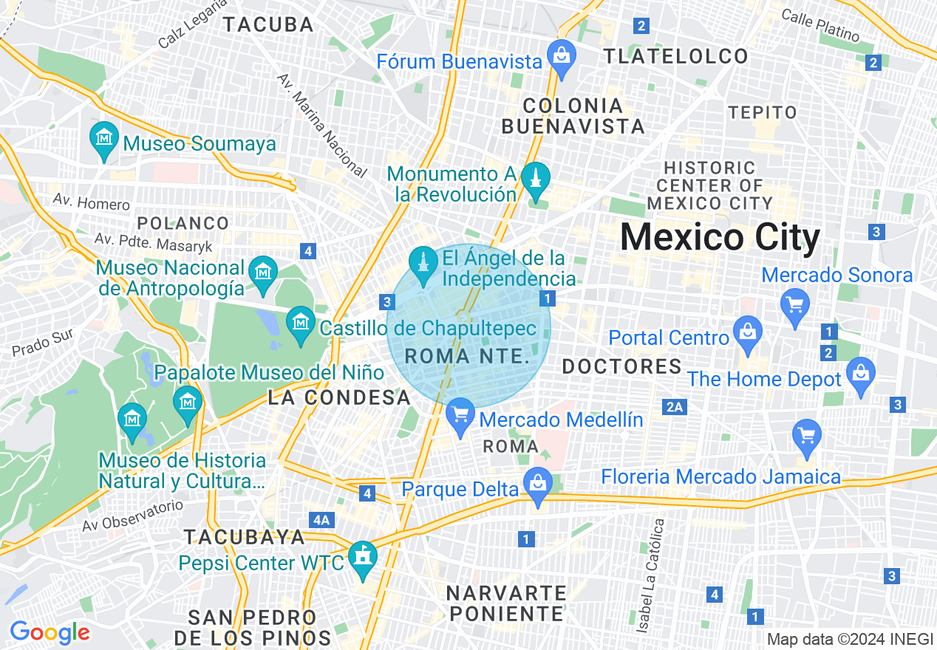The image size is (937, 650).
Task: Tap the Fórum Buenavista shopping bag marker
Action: (x=562, y=56)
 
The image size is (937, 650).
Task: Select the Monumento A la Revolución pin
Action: (x=536, y=179)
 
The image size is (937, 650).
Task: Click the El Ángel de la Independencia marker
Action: (x=423, y=264)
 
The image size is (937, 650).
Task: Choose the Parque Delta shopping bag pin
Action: (x=538, y=485)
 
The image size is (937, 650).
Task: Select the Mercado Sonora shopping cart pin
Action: (x=795, y=304)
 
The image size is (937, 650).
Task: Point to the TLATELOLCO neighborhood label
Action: (x=676, y=56)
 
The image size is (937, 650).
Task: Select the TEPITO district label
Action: (x=763, y=112)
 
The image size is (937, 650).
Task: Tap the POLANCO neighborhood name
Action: (x=183, y=223)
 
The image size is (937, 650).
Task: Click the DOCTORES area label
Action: (x=621, y=366)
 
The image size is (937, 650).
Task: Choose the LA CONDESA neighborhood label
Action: (x=339, y=397)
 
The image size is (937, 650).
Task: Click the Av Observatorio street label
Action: (x=132, y=516)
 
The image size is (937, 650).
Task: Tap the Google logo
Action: (x=50, y=632)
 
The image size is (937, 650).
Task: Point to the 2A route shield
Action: (x=675, y=407)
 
